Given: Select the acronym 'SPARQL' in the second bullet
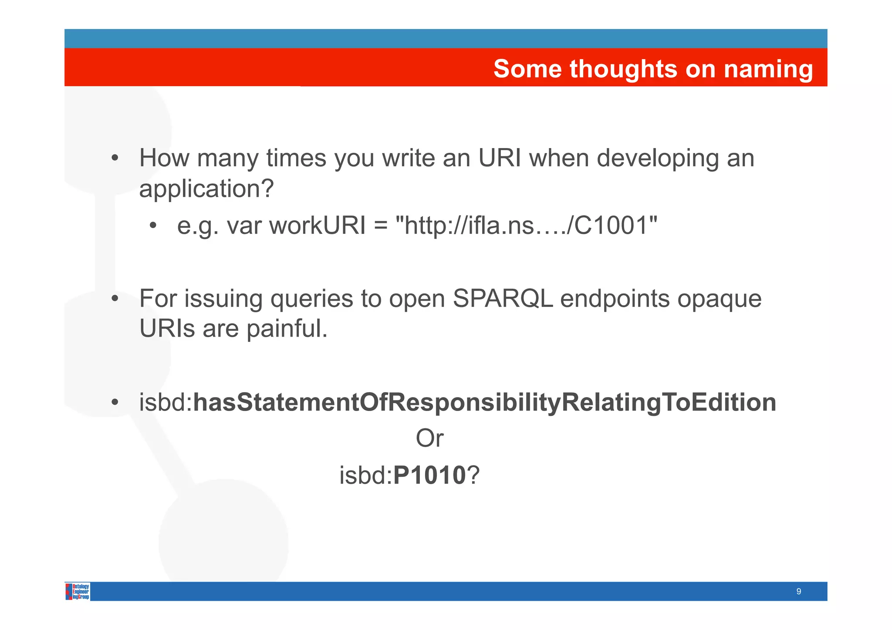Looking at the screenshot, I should [503, 299].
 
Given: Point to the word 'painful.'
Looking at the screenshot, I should [287, 328].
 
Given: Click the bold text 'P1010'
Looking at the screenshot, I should [429, 475].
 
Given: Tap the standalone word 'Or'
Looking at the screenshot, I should [429, 438].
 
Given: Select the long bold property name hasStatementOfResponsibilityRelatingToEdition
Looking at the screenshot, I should [484, 402].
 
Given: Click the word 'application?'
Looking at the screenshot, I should [206, 189].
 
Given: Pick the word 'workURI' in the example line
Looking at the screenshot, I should [318, 226].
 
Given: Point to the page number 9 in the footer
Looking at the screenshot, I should [798, 591].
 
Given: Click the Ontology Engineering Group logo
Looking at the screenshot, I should [78, 591].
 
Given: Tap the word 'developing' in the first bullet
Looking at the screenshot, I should [658, 158].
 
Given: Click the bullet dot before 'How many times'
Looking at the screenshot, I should [115, 158].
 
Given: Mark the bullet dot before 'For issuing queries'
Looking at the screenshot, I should [115, 299].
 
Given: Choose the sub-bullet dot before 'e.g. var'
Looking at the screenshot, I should [152, 226].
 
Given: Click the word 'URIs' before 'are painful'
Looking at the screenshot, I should [167, 328].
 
